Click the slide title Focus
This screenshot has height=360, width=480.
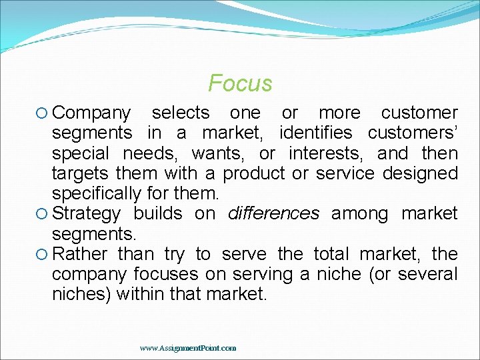(240, 83)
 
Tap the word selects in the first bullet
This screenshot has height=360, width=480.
(181, 113)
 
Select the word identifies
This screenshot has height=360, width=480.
(319, 133)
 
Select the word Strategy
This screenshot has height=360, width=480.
(87, 214)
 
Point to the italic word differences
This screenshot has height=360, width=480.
(274, 214)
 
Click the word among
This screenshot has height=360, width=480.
(360, 214)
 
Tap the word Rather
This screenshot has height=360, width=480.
(81, 254)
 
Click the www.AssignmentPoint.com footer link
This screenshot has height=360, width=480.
(188, 348)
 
